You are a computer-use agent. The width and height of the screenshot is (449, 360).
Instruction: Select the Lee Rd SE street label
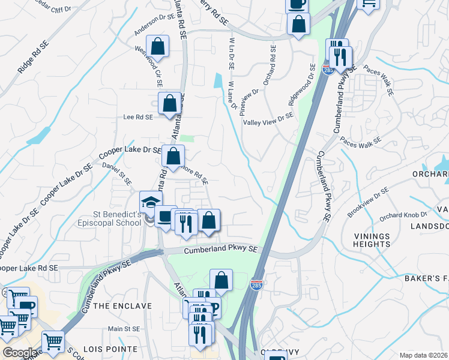(x=138, y=118)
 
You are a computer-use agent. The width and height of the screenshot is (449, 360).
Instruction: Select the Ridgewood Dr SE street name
(x=303, y=85)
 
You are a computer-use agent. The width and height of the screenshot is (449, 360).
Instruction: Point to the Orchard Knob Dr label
(x=403, y=215)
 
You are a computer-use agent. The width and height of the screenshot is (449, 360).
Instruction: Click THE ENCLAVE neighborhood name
(x=123, y=306)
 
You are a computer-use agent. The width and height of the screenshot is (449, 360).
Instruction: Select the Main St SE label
(x=124, y=329)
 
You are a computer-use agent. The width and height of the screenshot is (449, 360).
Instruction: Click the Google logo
(x=20, y=353)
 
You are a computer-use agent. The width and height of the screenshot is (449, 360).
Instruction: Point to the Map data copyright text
(x=424, y=355)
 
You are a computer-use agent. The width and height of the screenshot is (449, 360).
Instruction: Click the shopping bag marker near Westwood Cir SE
(x=157, y=46)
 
